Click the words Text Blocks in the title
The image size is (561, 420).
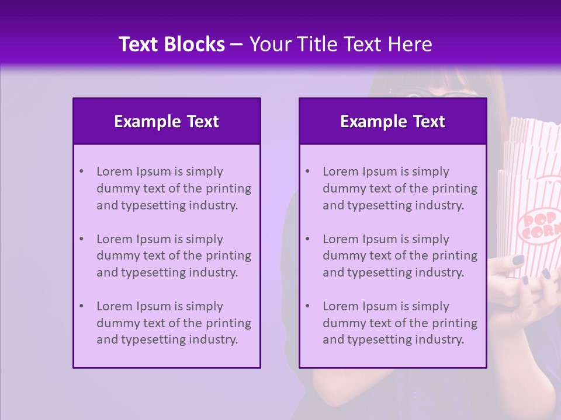coord(171,44)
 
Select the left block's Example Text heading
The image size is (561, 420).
coord(167,121)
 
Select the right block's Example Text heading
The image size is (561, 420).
coord(393,121)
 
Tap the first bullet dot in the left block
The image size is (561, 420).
coord(81,171)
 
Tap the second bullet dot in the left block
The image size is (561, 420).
coord(81,239)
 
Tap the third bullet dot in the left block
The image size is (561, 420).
coord(81,306)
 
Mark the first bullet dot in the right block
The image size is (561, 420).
coord(307,171)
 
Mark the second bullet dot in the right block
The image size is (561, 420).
coord(307,239)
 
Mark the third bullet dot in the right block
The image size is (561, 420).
coord(307,306)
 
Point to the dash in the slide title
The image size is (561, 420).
coord(237,44)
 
